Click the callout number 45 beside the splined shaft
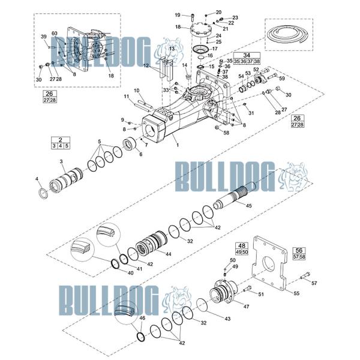coord(248,206)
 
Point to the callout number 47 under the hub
coord(246,307)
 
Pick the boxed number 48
coord(242,246)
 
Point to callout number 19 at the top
coord(178,14)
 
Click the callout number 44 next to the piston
coord(169,254)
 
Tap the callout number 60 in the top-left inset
coord(55,33)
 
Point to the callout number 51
coord(261,294)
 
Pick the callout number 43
coord(227,318)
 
